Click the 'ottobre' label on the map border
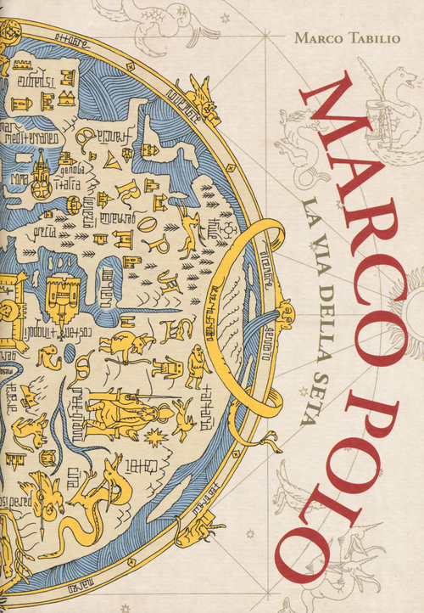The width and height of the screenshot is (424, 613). (73, 37)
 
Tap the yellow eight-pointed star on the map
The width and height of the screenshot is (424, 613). (156, 436)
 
